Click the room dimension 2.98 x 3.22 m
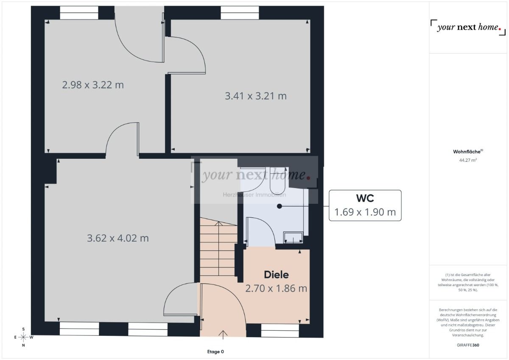(x=93, y=85)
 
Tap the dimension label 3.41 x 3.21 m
(x=255, y=96)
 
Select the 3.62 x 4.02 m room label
(x=117, y=238)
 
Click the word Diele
(x=276, y=275)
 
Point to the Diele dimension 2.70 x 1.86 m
(x=276, y=289)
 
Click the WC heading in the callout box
(x=365, y=198)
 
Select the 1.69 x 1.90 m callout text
(x=365, y=212)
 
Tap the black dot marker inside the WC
(x=279, y=206)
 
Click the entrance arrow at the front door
(x=223, y=334)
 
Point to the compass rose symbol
(x=23, y=337)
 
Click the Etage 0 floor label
(x=215, y=352)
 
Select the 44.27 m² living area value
(x=468, y=160)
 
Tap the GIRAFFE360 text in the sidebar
(x=468, y=345)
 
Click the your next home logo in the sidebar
(x=466, y=28)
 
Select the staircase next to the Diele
(x=218, y=250)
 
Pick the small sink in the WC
(x=293, y=238)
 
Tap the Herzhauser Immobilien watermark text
(x=255, y=195)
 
